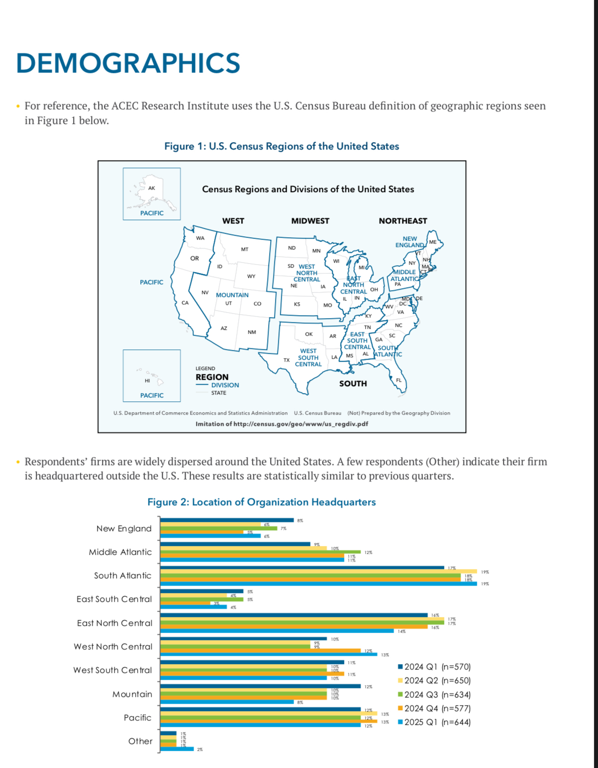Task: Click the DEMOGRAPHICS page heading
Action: pyautogui.click(x=128, y=63)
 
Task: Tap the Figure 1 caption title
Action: pyautogui.click(x=281, y=146)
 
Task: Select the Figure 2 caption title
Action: pyautogui.click(x=261, y=502)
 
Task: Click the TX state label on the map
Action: pyautogui.click(x=286, y=360)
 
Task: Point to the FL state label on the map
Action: pyautogui.click(x=399, y=380)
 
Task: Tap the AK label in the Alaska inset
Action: pyautogui.click(x=151, y=188)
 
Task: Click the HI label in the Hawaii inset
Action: pyautogui.click(x=147, y=380)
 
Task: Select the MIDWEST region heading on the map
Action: pyautogui.click(x=310, y=221)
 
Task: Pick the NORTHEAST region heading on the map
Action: pyautogui.click(x=402, y=221)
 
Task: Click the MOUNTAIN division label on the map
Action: pyautogui.click(x=232, y=295)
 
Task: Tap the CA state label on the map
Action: pyautogui.click(x=185, y=303)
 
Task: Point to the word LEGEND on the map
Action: pyautogui.click(x=205, y=368)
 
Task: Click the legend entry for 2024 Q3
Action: pyautogui.click(x=434, y=694)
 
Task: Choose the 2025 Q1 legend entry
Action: pyautogui.click(x=434, y=722)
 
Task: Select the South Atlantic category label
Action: pyautogui.click(x=123, y=575)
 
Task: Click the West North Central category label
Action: pyautogui.click(x=113, y=646)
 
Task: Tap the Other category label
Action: pyautogui.click(x=140, y=741)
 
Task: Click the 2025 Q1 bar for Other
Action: pyautogui.click(x=177, y=749)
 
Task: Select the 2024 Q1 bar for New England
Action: pyautogui.click(x=227, y=520)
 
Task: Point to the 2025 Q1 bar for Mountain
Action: pyautogui.click(x=227, y=702)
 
